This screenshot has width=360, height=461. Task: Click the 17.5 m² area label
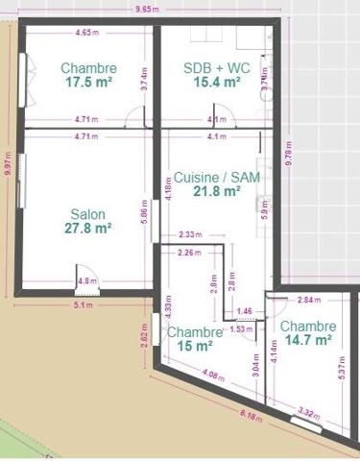(88, 84)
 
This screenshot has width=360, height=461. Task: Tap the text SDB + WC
(215, 68)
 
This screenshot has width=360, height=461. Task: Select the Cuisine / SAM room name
(217, 178)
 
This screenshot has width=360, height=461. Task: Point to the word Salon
(88, 214)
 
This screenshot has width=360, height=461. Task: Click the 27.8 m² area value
(88, 229)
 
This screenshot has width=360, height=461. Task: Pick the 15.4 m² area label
(215, 84)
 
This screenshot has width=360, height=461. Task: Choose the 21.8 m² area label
(217, 192)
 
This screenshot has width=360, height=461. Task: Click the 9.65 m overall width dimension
(147, 9)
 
